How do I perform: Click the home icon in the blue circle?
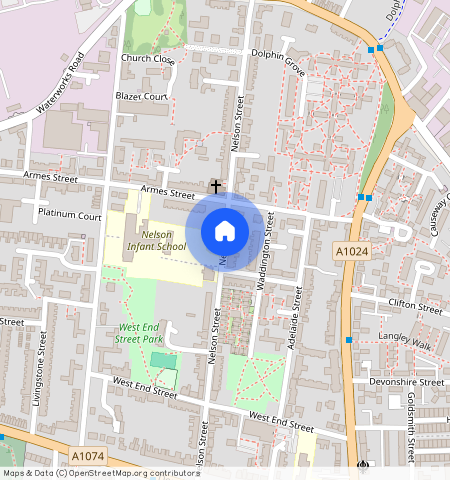[x=225, y=231]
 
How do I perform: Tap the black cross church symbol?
[x=214, y=186]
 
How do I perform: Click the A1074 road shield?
[x=88, y=456]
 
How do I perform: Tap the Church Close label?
[x=147, y=59]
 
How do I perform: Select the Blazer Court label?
[x=140, y=96]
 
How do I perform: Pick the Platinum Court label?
[x=69, y=215]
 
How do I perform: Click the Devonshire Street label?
[x=405, y=382]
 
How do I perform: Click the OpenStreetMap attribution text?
[x=100, y=473]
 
